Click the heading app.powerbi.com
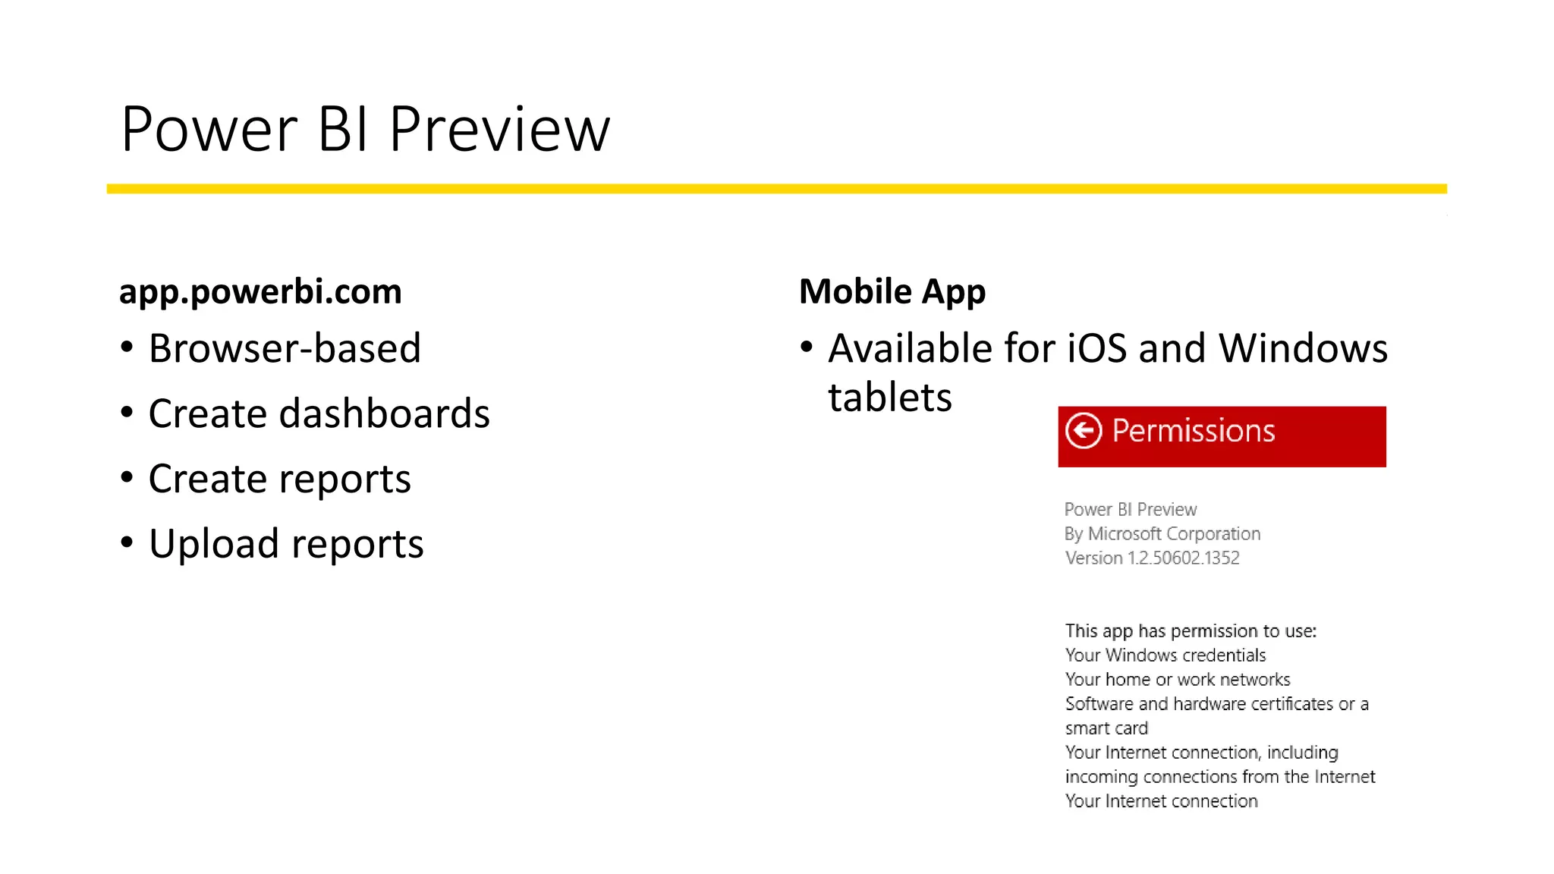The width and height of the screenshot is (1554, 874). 260,292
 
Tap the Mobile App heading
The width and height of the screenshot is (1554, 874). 892,292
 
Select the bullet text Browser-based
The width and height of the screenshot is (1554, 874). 285,349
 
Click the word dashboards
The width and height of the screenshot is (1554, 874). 384,414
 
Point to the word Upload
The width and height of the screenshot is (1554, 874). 215,545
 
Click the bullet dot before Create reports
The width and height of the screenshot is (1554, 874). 127,478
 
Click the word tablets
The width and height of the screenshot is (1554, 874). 889,398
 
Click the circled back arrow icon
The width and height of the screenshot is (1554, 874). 1083,431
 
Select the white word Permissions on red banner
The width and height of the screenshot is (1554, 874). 1193,431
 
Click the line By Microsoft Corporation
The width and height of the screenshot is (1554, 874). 1162,534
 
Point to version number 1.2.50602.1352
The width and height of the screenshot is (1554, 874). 1183,558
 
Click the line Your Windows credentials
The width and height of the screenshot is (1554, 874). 1165,655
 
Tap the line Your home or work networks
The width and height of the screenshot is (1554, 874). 1177,680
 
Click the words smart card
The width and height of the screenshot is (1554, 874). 1106,728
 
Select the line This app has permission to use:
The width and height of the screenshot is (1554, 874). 1190,631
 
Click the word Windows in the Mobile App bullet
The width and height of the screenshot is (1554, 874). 1302,349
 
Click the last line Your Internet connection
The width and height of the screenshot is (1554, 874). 1161,801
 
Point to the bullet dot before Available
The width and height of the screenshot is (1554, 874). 807,347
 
